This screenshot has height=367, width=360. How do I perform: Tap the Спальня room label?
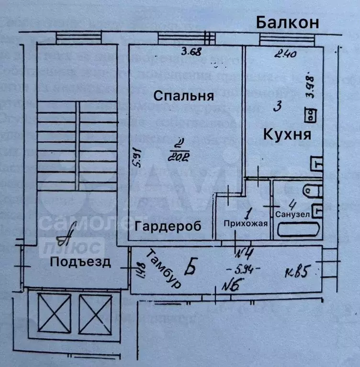coord(183,96)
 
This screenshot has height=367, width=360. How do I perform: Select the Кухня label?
coord(287,134)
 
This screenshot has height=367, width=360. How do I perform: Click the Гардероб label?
coord(168,226)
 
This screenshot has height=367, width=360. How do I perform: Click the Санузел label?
coord(292,214)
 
